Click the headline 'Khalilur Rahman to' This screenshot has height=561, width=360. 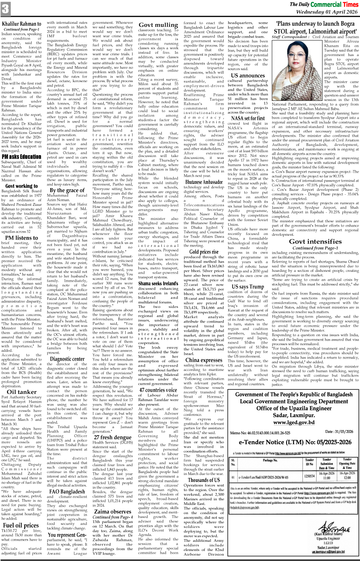click(22, 24)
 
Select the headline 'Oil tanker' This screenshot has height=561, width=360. click(22, 392)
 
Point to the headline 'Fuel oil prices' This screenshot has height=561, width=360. click(21, 526)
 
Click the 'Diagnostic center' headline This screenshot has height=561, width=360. click(67, 359)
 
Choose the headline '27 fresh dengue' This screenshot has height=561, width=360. click(113, 437)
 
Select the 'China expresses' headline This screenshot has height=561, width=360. click(204, 360)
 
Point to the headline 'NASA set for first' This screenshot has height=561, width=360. click(248, 118)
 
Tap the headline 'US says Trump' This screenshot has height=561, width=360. click(248, 286)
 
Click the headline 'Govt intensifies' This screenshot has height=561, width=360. click(315, 242)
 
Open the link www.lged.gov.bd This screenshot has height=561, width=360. click(294, 422)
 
